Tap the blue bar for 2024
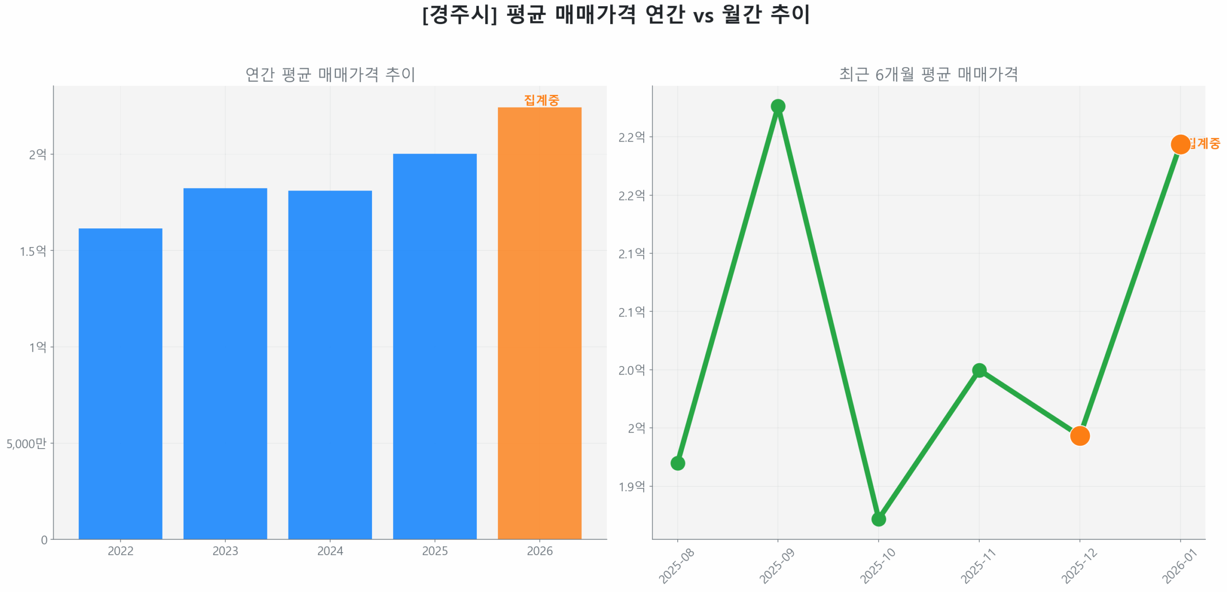pyautogui.click(x=330, y=364)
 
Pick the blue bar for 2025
pyautogui.click(x=434, y=345)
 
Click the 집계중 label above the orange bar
pyautogui.click(x=541, y=100)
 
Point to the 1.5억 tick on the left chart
pyautogui.click(x=33, y=251)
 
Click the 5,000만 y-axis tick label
pyautogui.click(x=26, y=443)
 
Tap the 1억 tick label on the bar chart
pyautogui.click(x=37, y=347)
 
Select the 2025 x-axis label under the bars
pyautogui.click(x=434, y=551)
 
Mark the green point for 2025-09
pyautogui.click(x=777, y=106)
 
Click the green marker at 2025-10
pyautogui.click(x=878, y=519)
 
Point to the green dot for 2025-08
pyautogui.click(x=677, y=463)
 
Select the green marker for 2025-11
pyautogui.click(x=979, y=370)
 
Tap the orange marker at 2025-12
pyautogui.click(x=1079, y=436)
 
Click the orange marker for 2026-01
pyautogui.click(x=1180, y=144)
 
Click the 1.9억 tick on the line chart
pyautogui.click(x=631, y=486)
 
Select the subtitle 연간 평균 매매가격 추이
pyautogui.click(x=330, y=74)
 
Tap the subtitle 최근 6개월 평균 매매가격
pyautogui.click(x=928, y=74)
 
